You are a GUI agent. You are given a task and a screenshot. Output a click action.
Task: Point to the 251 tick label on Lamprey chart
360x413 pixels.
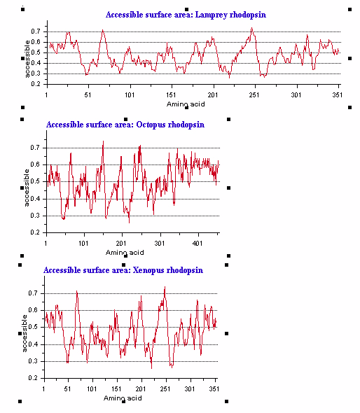pos(254,94)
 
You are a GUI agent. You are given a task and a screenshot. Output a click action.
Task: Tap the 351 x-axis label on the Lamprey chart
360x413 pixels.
pos(338,94)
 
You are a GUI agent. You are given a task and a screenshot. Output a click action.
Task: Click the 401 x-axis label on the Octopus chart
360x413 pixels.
pos(198,243)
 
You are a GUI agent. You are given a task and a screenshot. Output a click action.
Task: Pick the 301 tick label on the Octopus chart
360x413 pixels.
pos(160,243)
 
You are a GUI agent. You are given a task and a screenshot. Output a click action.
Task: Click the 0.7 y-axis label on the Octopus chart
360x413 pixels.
pos(35,148)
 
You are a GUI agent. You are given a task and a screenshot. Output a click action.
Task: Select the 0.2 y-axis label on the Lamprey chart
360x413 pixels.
pos(36,84)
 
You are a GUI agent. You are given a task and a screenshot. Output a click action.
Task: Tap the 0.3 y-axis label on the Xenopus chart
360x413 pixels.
pos(33,361)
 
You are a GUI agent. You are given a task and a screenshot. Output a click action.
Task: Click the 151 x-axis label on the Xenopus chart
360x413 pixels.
pos(116,389)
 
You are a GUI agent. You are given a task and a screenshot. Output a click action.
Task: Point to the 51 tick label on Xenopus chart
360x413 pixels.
pos(67,389)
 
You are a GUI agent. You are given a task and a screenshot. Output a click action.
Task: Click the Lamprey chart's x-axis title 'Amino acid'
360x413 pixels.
pos(186,104)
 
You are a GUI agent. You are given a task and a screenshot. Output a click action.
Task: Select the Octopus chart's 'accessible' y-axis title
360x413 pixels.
pos(27,188)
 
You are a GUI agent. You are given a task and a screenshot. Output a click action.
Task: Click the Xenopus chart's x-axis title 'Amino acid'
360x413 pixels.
pos(123,398)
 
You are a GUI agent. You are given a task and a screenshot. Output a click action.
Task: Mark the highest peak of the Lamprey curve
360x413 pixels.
pos(252,28)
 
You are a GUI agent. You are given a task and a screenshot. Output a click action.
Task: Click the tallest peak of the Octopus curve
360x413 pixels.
pos(103,141)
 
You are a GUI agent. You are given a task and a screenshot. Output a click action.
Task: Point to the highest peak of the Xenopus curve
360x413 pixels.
pos(165,287)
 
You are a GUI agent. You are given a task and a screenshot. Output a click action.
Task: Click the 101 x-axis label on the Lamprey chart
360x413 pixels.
pos(130,94)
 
